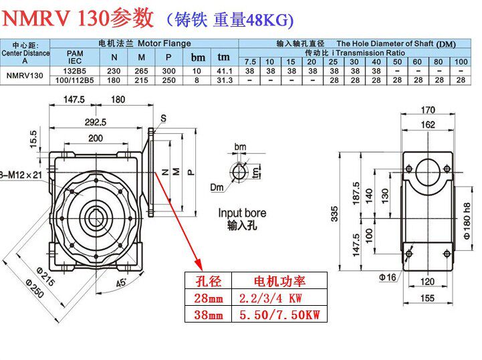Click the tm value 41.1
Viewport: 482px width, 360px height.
[x=225, y=70]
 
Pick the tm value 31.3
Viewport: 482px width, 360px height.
[x=225, y=80]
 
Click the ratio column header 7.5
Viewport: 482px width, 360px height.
[x=249, y=62]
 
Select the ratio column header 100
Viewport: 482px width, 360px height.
[x=461, y=62]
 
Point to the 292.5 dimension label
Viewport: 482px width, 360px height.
[x=96, y=122]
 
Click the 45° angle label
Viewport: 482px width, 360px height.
[x=121, y=283]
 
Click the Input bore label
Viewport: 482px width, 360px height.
[x=241, y=213]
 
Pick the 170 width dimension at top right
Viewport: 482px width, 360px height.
[x=428, y=110]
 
